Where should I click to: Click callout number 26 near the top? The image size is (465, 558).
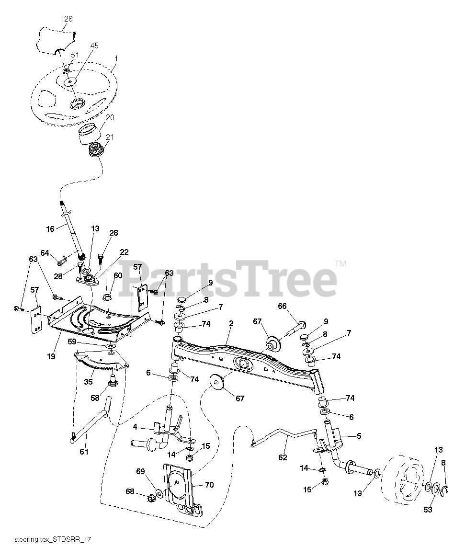click(x=68, y=19)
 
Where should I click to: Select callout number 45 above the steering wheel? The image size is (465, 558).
click(x=94, y=46)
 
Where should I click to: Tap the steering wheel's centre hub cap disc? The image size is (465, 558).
click(x=70, y=82)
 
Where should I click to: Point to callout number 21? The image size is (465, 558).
click(x=110, y=137)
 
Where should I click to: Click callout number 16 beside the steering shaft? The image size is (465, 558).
click(x=50, y=229)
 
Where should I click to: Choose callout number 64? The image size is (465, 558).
click(x=45, y=252)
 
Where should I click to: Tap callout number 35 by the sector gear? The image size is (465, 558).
click(x=88, y=382)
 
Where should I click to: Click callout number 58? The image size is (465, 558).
click(x=95, y=398)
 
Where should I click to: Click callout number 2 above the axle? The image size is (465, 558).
click(x=231, y=324)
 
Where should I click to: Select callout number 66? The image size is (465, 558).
click(x=282, y=306)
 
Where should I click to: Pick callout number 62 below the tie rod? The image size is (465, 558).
click(x=283, y=457)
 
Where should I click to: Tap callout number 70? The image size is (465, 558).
click(x=209, y=484)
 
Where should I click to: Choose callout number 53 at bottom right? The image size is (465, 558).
click(x=428, y=509)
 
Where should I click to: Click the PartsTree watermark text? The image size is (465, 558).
click(x=227, y=280)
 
